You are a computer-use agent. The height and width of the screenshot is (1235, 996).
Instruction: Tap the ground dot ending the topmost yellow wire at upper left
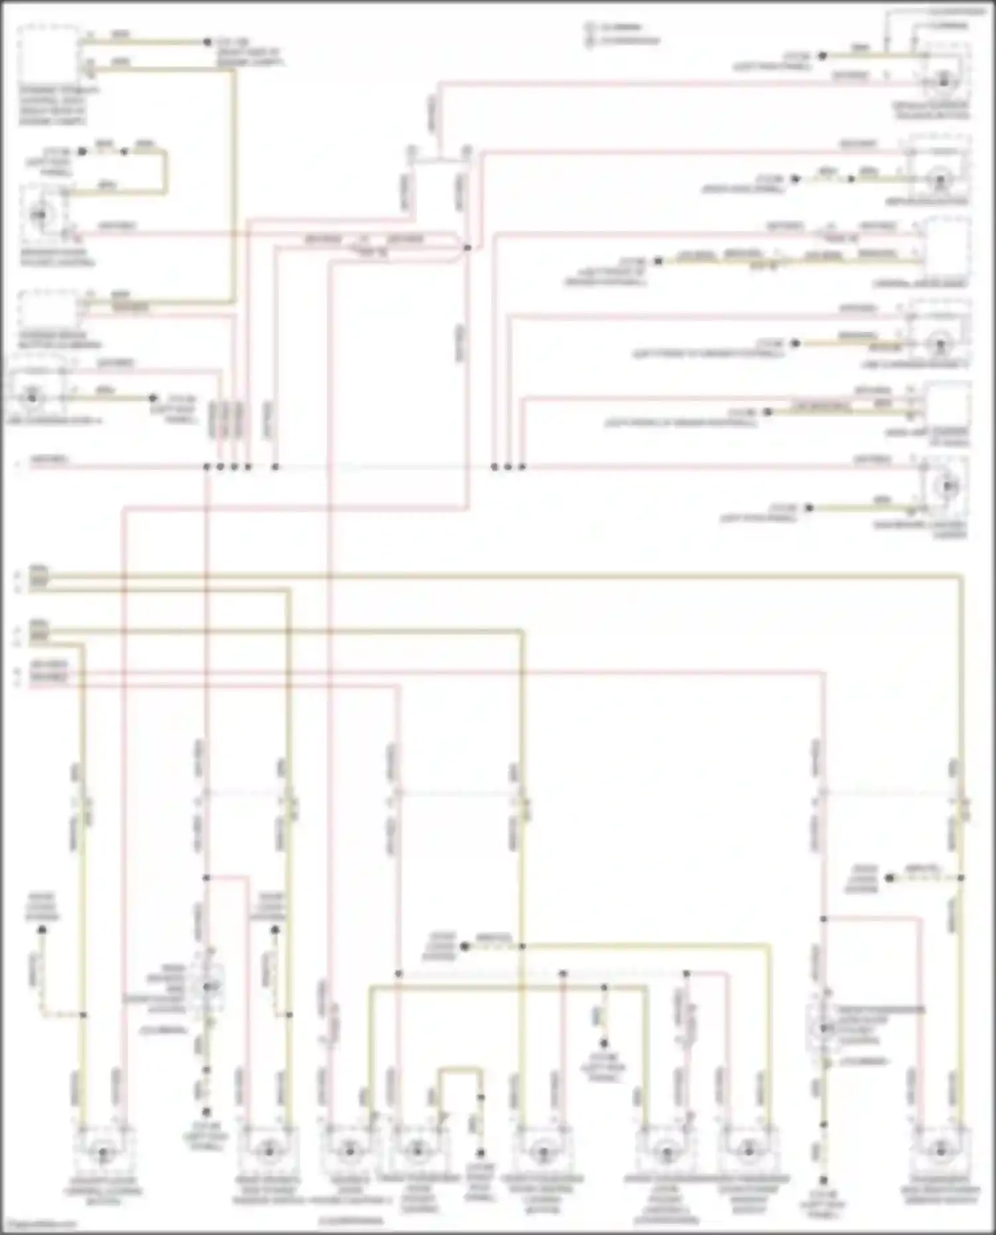(207, 42)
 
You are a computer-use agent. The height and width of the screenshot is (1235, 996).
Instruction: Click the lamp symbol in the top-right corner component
(944, 80)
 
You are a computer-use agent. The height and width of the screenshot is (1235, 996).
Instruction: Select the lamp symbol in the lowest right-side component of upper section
(946, 486)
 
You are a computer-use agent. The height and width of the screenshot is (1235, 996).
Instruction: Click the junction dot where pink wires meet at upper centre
(467, 248)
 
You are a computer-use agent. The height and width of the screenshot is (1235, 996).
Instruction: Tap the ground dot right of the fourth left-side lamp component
(153, 398)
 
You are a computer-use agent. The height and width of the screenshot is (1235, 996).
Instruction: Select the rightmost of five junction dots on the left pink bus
(275, 467)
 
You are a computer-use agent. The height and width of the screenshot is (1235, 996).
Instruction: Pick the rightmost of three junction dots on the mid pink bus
(522, 467)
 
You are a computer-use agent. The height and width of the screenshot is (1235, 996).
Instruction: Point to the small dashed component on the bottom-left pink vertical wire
(208, 987)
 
